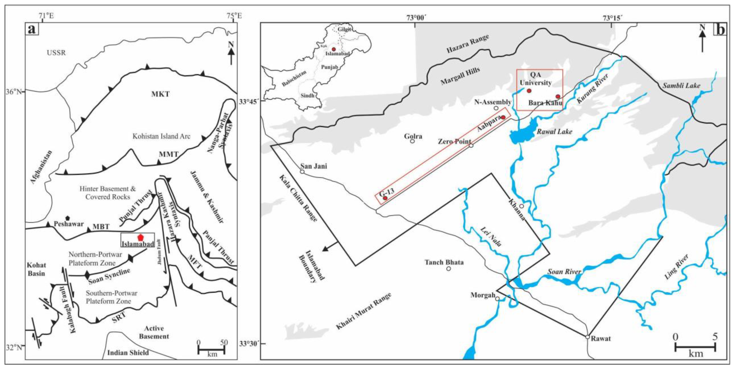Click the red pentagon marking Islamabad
click(x=140, y=237)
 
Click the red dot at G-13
click(x=385, y=198)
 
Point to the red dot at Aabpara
click(x=503, y=117)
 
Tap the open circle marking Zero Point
click(x=471, y=146)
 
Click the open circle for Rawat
click(x=587, y=337)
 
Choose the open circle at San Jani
click(x=302, y=172)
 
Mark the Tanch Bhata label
click(x=444, y=262)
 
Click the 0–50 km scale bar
click(x=211, y=349)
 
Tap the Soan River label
click(x=564, y=271)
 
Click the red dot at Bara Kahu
click(x=558, y=97)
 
